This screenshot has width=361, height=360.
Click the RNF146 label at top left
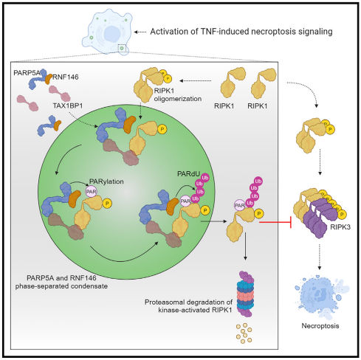[66, 77]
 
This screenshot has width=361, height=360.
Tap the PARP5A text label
[27, 73]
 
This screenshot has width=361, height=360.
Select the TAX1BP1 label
[68, 105]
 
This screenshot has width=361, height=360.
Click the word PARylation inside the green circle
[106, 181]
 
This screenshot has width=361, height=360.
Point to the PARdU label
[188, 174]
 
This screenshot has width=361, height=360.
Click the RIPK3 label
[340, 226]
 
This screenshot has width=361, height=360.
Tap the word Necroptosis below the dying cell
[320, 326]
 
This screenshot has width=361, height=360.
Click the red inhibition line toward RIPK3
[275, 223]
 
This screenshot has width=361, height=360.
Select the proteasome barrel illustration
[245, 294]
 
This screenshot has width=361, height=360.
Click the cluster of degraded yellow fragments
[244, 333]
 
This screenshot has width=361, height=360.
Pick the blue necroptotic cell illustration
[321, 297]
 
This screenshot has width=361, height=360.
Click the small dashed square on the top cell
[122, 48]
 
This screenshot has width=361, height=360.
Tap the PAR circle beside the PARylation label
[91, 192]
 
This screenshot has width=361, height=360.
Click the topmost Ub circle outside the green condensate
[258, 181]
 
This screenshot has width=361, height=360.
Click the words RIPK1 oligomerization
[178, 94]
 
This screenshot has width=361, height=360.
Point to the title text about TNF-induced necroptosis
[241, 32]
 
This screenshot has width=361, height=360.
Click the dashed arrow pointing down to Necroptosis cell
[320, 257]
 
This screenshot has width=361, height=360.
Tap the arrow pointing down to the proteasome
[245, 246]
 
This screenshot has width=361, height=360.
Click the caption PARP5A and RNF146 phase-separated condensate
[61, 282]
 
